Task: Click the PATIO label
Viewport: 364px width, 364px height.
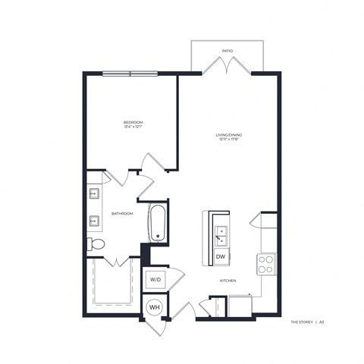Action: coord(227,51)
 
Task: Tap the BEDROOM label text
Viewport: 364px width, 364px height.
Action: coord(133,121)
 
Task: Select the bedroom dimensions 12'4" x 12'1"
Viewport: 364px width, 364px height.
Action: coord(133,127)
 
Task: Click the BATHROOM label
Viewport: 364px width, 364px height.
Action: coord(122,214)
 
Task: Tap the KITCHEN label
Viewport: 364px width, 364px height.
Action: coord(228,281)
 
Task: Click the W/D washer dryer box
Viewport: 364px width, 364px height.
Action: coord(155,279)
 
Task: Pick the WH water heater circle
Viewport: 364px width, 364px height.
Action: coord(155,307)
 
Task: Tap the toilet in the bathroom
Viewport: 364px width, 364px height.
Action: coord(96,244)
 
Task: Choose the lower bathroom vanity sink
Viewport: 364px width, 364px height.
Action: coord(95,222)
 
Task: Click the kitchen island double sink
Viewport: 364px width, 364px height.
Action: coord(220,236)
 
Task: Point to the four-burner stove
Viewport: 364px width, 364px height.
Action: coord(266,264)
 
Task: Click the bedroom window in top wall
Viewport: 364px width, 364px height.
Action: coord(130,74)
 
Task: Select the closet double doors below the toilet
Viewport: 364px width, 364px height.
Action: coord(115,262)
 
